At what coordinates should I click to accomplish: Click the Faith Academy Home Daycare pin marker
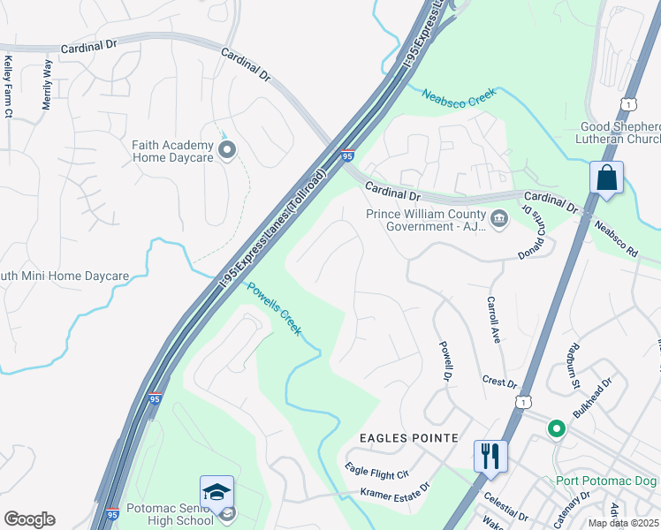227,150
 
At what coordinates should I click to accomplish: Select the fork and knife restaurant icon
490,456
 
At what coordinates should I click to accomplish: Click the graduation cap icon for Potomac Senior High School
217,493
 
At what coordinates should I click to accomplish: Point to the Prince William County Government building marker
499,218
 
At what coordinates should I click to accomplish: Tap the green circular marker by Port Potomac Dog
556,429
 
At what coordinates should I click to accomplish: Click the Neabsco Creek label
460,97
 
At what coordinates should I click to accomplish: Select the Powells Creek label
274,308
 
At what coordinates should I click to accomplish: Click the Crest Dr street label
499,383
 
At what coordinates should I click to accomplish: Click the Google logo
29,519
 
